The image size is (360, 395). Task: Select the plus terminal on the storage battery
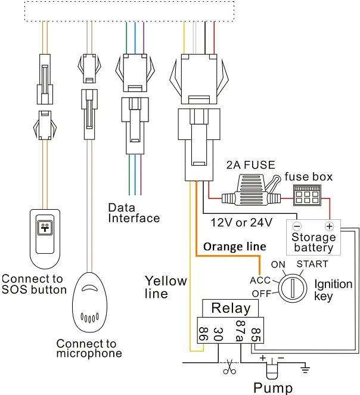click(328, 226)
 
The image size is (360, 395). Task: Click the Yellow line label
click(166, 287)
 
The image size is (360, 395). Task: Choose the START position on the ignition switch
click(312, 264)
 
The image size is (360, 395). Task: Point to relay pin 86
click(203, 334)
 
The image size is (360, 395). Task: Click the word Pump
click(273, 388)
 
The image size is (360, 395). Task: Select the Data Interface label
click(134, 213)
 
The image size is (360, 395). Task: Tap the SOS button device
click(46, 236)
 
